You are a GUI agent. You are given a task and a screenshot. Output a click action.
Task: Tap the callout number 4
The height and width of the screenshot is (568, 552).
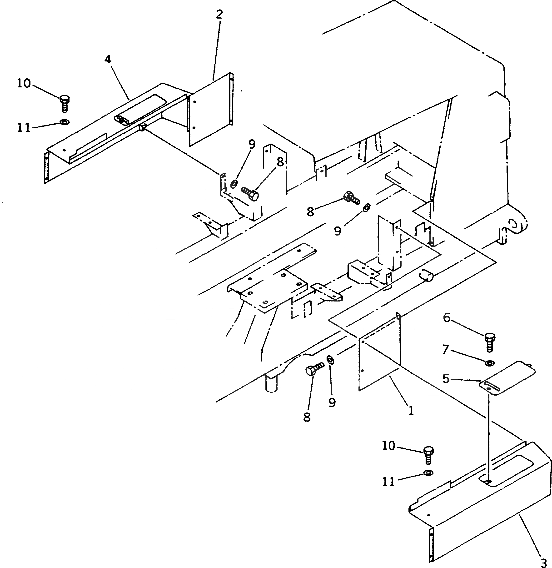coord(108,60)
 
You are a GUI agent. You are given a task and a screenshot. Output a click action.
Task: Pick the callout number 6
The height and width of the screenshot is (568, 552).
coord(447,318)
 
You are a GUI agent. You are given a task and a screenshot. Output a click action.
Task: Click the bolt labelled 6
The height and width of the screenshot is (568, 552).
coord(489,343)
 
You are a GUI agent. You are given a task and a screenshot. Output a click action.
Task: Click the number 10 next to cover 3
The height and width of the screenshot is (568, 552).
coord(388,446)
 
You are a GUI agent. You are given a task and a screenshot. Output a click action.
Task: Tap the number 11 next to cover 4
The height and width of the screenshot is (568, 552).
coord(24,127)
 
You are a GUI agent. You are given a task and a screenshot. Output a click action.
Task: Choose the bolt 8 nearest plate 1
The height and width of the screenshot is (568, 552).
coord(314,369)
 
